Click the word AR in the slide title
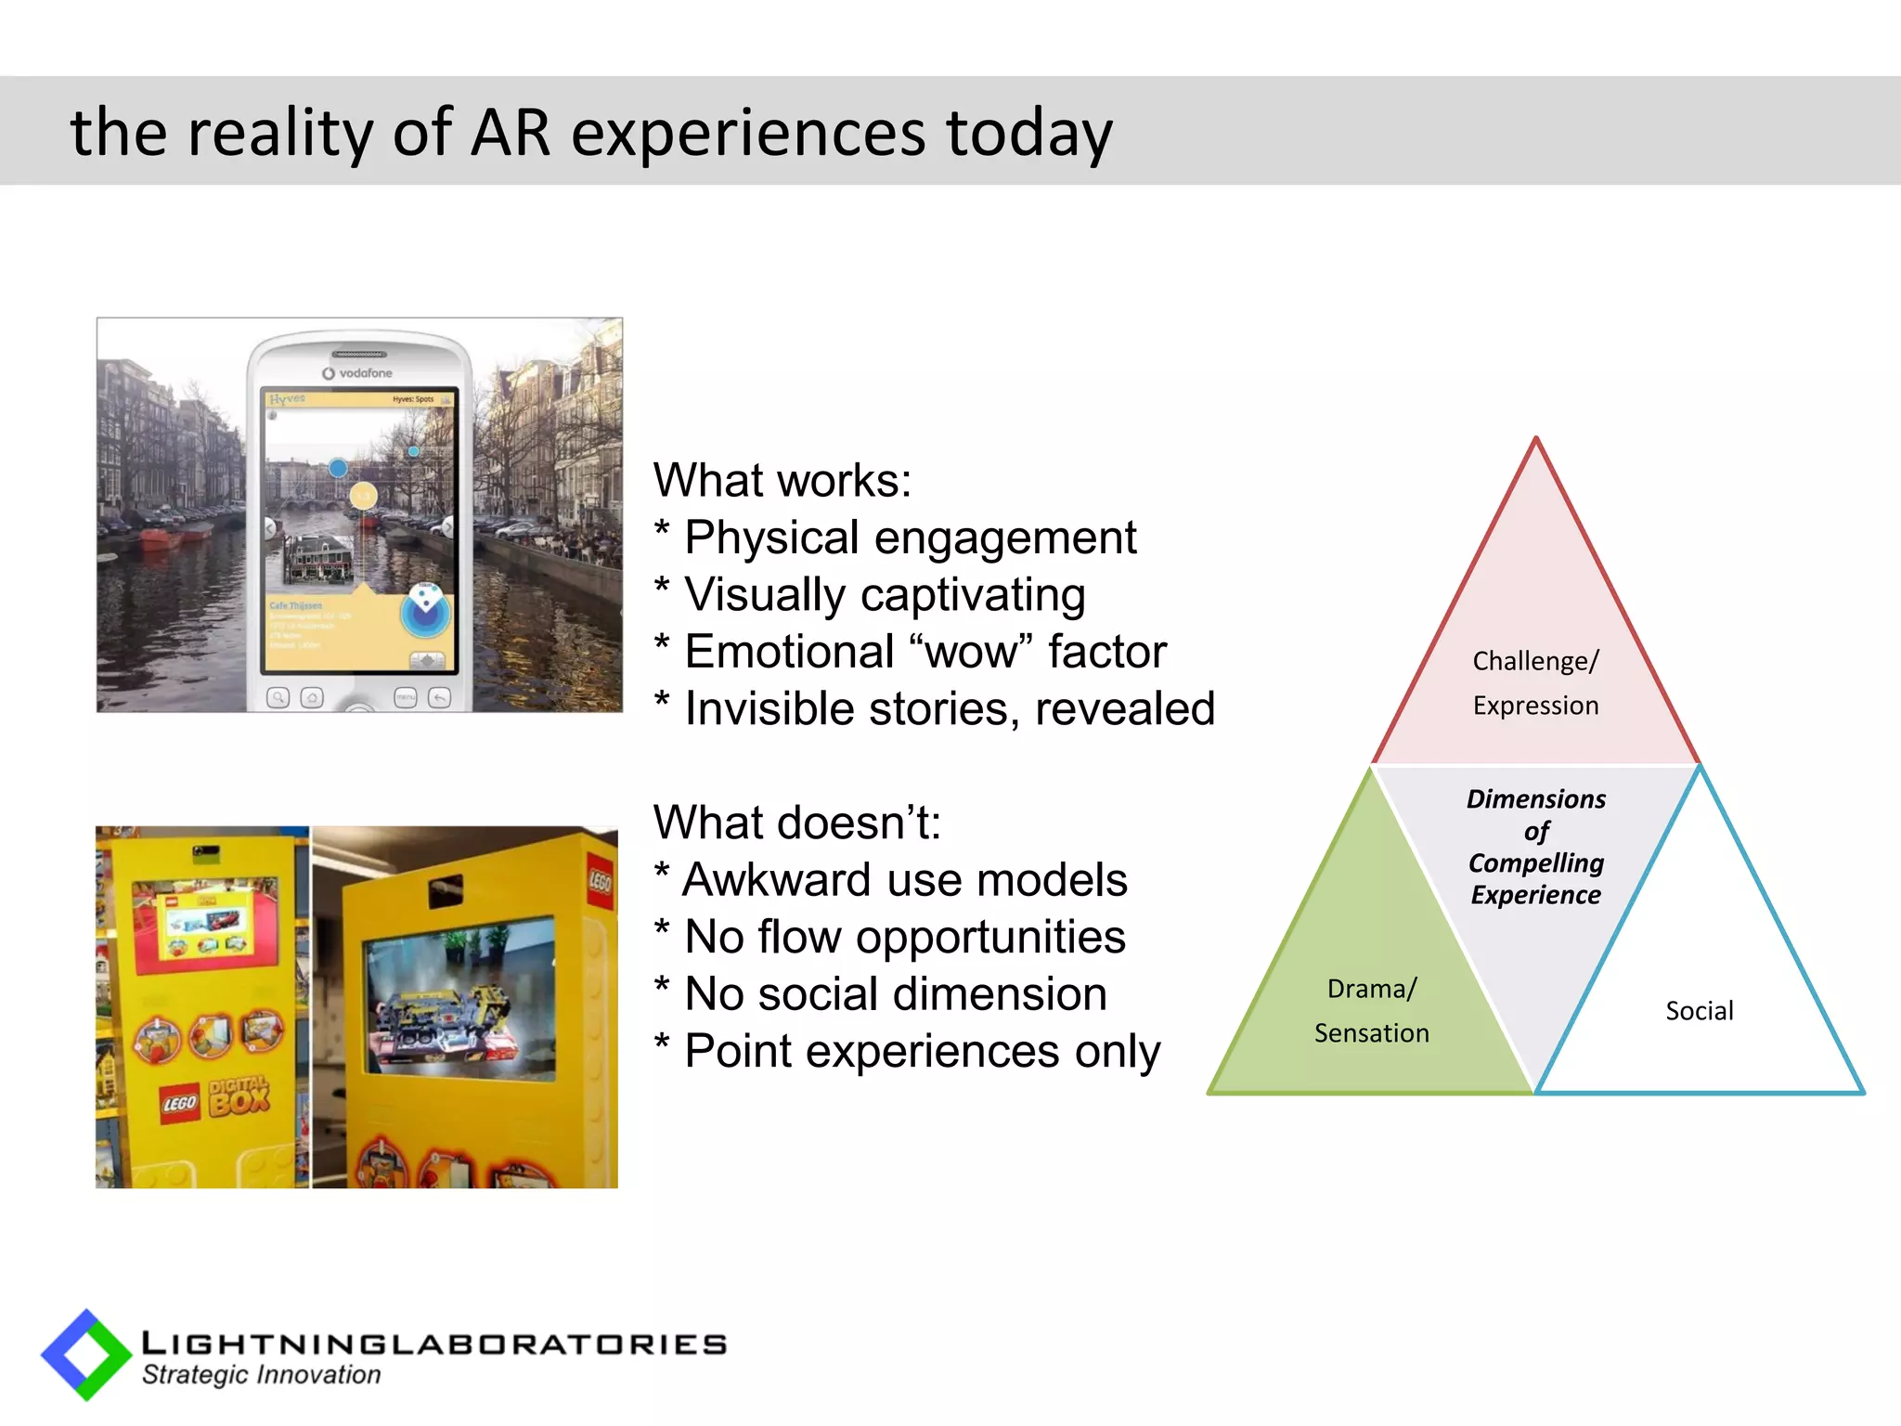tap(510, 132)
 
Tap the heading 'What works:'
tap(782, 481)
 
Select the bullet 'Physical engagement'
tap(910, 538)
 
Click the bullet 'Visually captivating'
tap(884, 595)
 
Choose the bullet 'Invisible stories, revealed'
tap(949, 709)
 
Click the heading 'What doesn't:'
tap(796, 823)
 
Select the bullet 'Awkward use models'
tap(904, 880)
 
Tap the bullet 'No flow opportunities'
tap(904, 937)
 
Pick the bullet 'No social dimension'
tap(895, 994)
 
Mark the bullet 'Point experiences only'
tap(922, 1052)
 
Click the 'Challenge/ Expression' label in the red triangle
tap(1535, 683)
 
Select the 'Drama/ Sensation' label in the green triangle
tap(1371, 1011)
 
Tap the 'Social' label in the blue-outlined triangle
tap(1699, 1011)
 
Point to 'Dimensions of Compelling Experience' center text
tap(1535, 847)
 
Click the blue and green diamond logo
tap(86, 1355)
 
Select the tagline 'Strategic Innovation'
tap(261, 1375)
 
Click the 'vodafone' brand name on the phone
tap(365, 373)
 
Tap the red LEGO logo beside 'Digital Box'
tap(180, 1103)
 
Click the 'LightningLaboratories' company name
tap(433, 1343)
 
